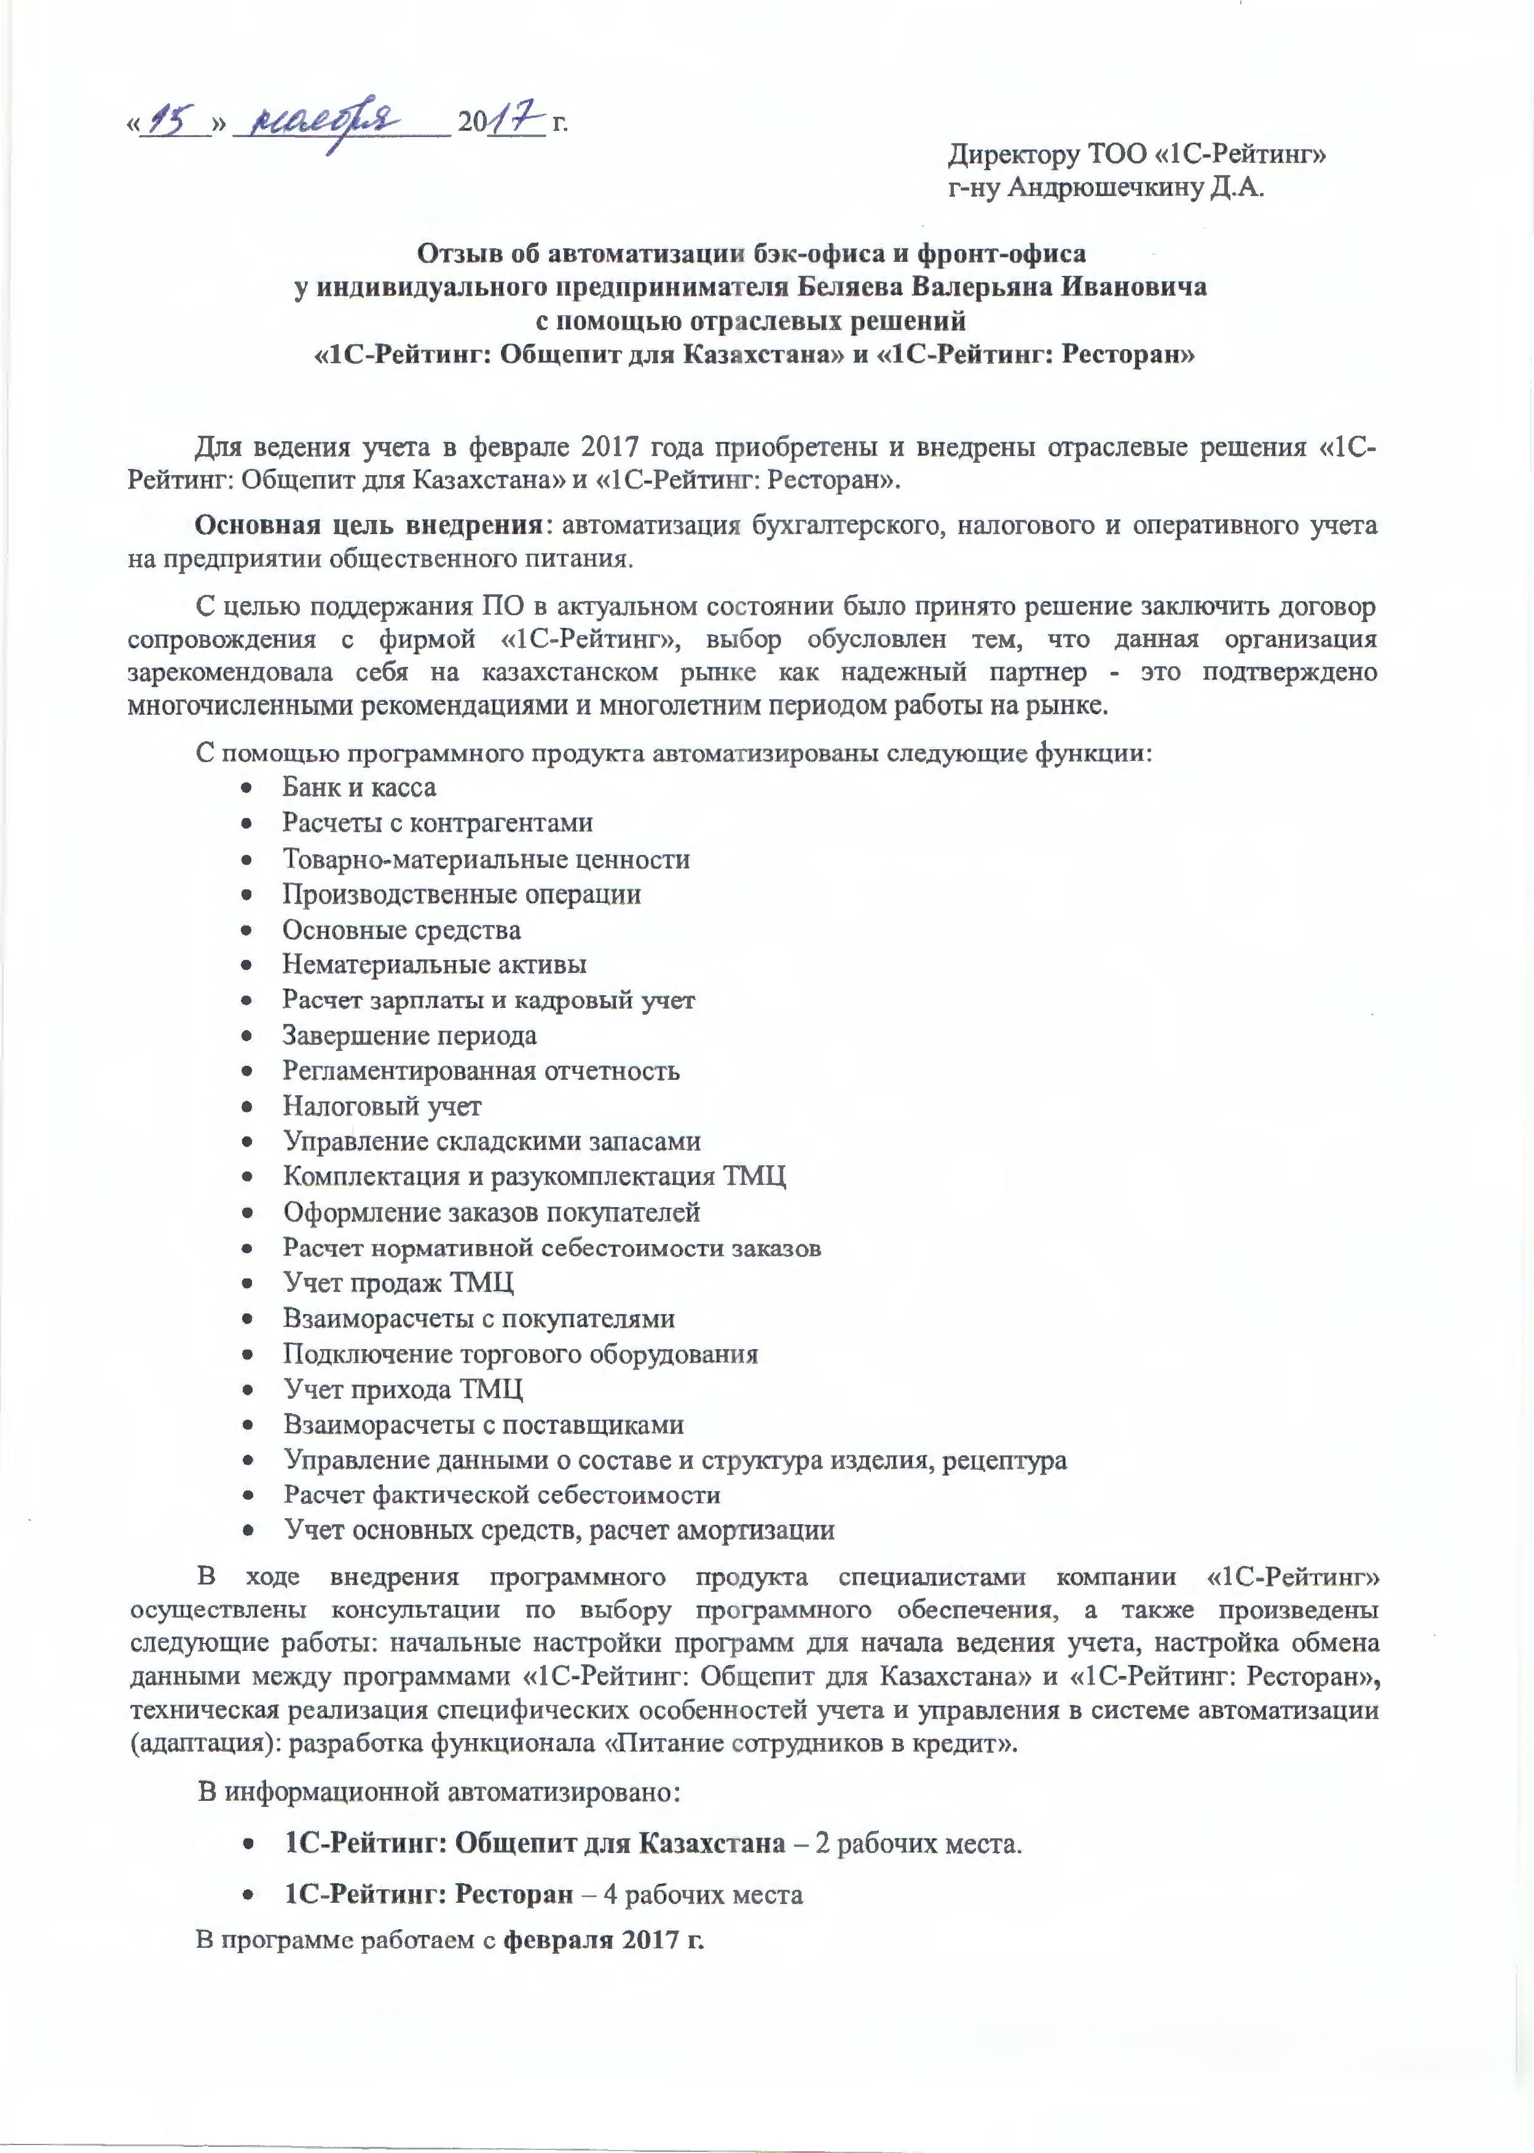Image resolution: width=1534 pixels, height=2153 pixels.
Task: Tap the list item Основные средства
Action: click(401, 929)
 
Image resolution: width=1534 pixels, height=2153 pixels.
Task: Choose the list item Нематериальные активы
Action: click(435, 964)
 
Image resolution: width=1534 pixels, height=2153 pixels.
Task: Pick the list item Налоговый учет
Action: click(382, 1106)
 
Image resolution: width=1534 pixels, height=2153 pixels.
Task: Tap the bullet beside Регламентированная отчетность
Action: click(248, 1073)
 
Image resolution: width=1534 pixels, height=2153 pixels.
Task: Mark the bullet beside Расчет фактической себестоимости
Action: click(248, 1497)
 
